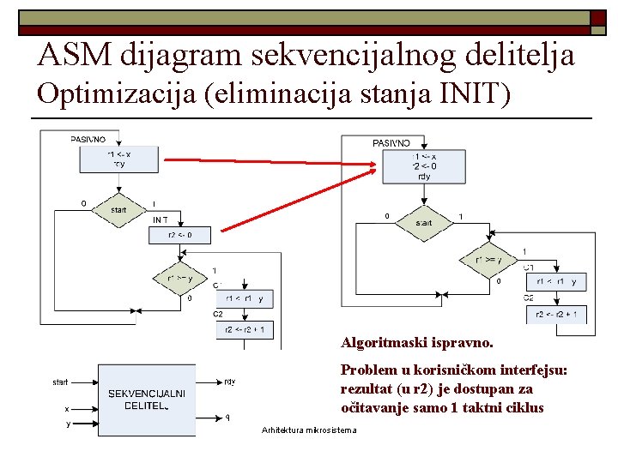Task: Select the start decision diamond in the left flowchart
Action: (119, 209)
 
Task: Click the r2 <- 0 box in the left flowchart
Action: (180, 234)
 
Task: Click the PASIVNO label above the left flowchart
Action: (88, 139)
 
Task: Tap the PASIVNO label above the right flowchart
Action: (391, 142)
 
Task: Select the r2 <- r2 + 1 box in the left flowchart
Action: (245, 329)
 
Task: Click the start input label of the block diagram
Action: (60, 382)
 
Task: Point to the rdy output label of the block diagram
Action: (229, 382)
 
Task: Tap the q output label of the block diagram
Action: (227, 418)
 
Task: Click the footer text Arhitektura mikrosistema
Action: (309, 430)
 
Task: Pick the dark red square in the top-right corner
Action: (599, 17)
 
